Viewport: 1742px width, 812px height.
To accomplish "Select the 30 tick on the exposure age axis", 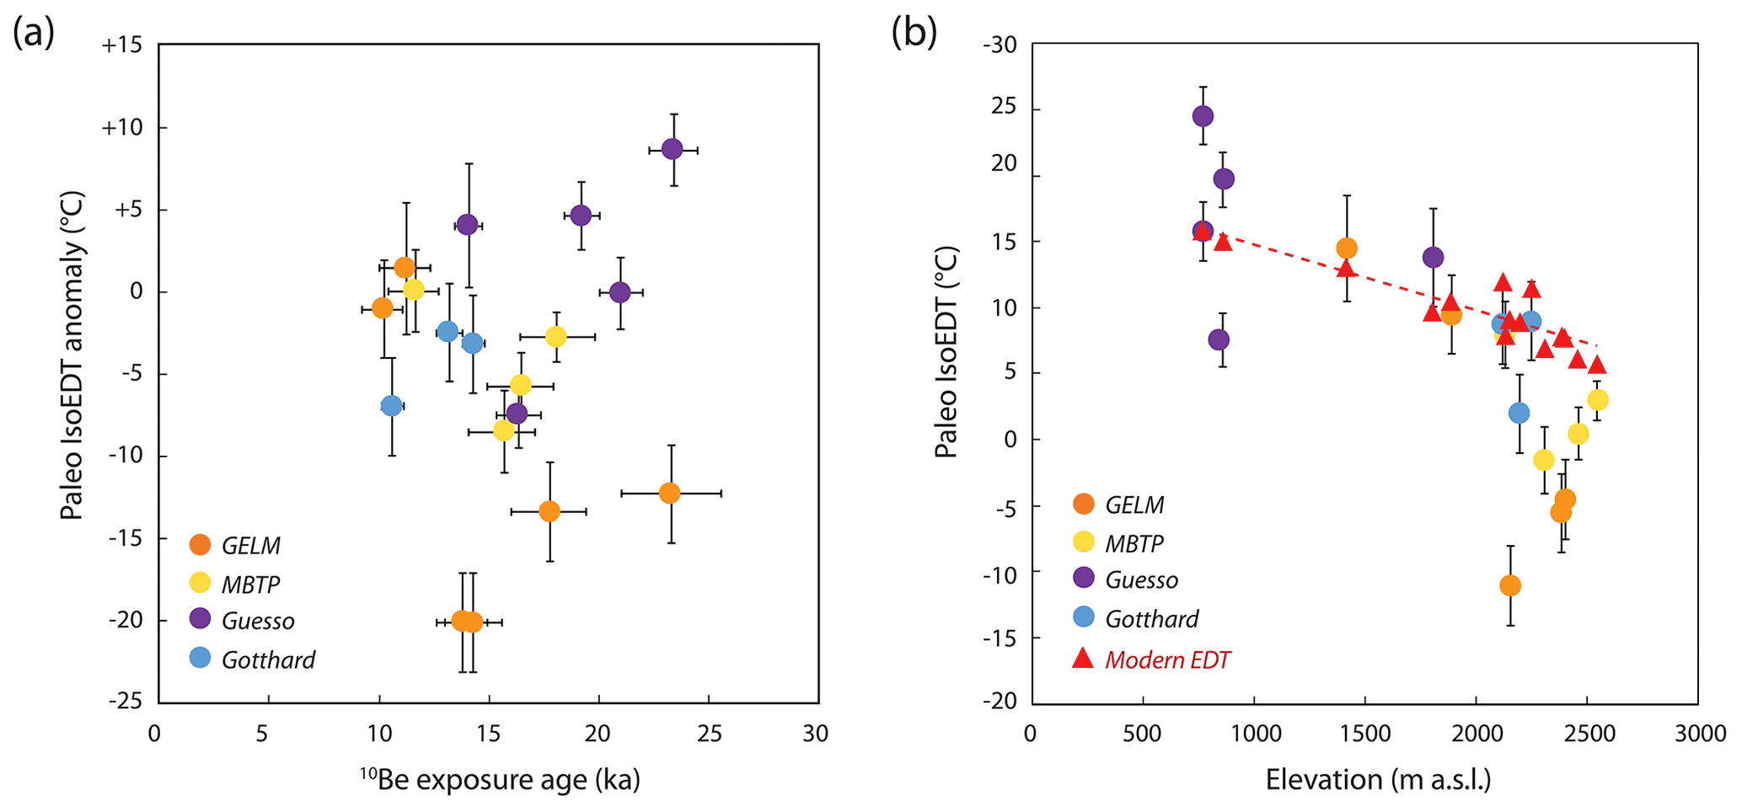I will (x=816, y=735).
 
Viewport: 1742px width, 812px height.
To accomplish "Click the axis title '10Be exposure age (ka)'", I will (x=501, y=780).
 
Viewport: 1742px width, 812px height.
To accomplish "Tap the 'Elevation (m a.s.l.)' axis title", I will (x=1378, y=780).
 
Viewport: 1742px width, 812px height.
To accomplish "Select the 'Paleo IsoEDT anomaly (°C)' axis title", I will (x=72, y=355).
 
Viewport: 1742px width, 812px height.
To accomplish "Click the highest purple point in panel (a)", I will (x=672, y=149).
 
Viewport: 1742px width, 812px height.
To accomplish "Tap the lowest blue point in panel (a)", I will (x=391, y=406).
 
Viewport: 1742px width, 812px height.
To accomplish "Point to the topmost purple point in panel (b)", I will (x=1203, y=115).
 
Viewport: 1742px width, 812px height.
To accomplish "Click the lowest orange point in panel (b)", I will (x=1510, y=585).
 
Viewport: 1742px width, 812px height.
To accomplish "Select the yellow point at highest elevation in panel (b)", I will (x=1597, y=400).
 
